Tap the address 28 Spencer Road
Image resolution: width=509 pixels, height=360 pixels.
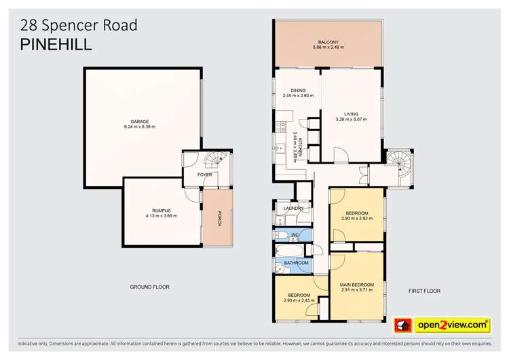[79, 26]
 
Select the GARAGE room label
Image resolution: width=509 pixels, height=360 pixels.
[140, 121]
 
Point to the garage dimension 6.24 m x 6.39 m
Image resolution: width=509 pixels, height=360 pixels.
[140, 127]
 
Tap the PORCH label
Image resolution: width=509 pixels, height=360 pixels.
[219, 219]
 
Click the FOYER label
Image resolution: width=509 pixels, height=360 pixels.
[204, 175]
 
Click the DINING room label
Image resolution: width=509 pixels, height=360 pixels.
[298, 90]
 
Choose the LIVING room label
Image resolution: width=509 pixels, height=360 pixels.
[350, 113]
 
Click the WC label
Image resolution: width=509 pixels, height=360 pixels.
[295, 236]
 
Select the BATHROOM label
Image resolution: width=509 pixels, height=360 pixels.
[297, 263]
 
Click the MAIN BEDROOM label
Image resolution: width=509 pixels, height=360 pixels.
[357, 284]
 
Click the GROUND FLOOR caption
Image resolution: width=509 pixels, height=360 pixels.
[149, 287]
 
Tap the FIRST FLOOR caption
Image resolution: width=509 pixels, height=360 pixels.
[424, 291]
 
